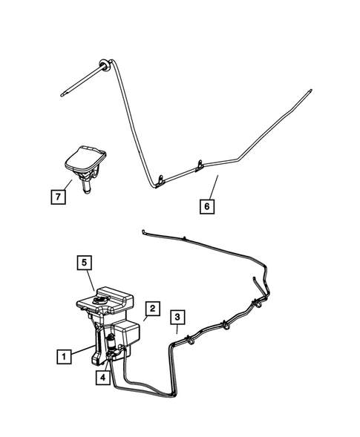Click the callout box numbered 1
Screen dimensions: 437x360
point(66,357)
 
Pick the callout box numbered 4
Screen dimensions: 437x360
point(103,377)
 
